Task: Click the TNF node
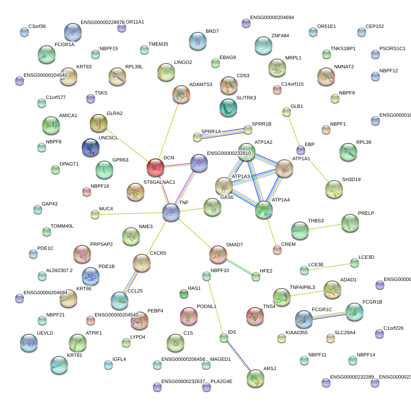171,212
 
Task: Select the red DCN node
156,167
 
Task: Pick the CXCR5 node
142,263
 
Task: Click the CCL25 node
119,300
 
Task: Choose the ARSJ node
255,378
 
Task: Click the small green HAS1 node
184,293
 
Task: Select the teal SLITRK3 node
228,107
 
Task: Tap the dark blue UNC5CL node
91,147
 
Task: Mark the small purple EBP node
301,150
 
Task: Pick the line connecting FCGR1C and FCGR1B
329,315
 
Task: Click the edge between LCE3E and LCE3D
329,266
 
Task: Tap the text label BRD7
212,32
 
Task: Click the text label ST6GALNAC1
159,182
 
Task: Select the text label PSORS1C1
392,48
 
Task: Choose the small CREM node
277,250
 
